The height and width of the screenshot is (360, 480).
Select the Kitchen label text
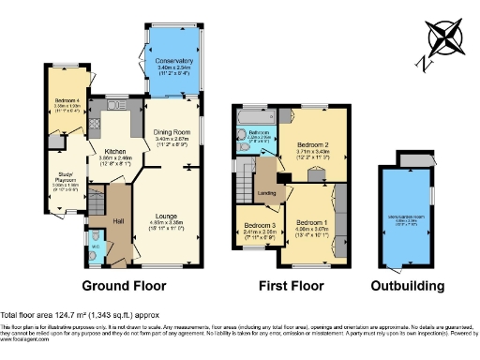tap(115, 151)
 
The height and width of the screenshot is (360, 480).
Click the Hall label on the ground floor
tap(119, 220)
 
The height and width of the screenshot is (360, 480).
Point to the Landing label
tap(266, 194)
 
